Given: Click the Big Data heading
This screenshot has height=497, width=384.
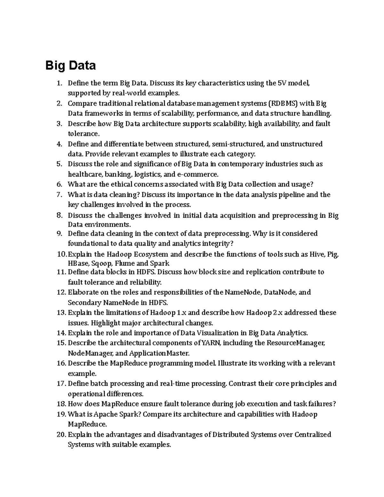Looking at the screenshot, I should (x=70, y=65).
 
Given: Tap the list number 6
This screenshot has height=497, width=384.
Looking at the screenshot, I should (x=59, y=184).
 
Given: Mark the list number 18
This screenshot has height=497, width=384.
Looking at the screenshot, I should (x=61, y=404).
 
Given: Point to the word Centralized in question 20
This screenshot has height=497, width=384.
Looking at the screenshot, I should (x=313, y=435).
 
